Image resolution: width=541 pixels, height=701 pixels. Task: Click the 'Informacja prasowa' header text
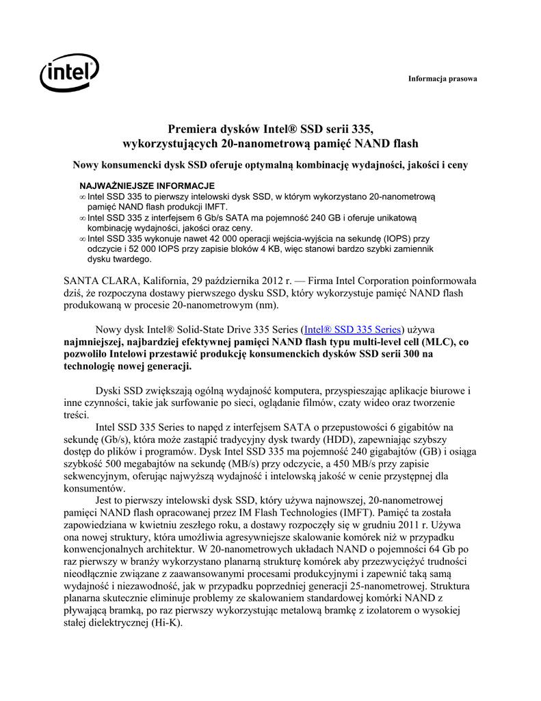tap(443, 79)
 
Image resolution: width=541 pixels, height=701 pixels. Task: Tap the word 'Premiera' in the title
tap(192, 129)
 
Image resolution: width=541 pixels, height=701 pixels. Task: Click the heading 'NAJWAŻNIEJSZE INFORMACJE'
tap(147, 186)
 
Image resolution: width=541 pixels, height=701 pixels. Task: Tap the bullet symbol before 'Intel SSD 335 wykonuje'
tap(82, 240)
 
